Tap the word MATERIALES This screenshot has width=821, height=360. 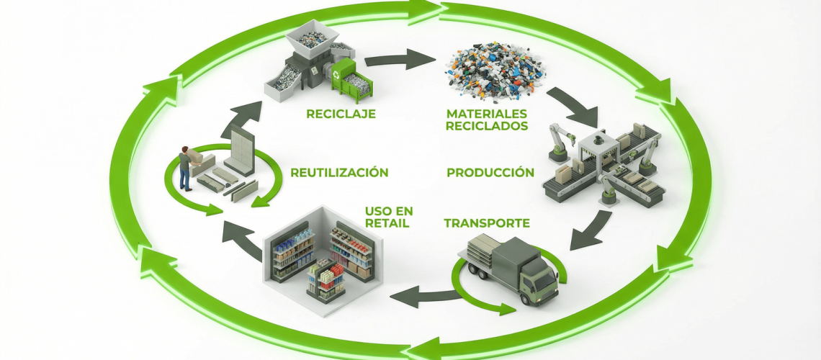pos(487,114)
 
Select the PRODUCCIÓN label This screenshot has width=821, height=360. pos(490,173)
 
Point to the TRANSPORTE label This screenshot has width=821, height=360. pos(487,222)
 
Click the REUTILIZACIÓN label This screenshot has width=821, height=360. pos(339,173)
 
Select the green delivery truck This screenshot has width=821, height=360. pos(511,270)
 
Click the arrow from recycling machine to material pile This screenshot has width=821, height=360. pos(407,59)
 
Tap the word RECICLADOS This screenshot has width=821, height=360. pos(487,126)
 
